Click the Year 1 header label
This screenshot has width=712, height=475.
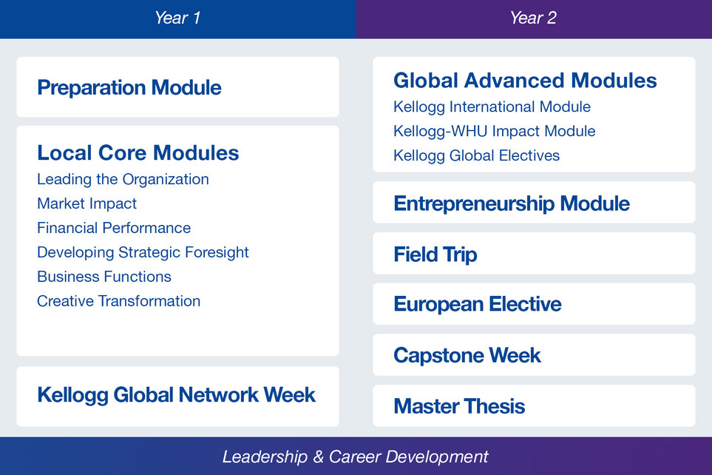[177, 18]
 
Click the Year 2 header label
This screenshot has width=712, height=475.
[533, 18]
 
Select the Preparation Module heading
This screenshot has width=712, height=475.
[129, 87]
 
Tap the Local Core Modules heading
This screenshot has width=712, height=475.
[138, 152]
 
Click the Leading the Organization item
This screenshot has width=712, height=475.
[123, 180]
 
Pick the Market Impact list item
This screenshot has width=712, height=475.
[87, 203]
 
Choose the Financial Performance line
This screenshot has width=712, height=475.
[114, 228]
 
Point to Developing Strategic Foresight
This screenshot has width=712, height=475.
[143, 252]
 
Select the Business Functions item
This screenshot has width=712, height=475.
[104, 277]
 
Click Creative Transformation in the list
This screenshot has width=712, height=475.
[119, 301]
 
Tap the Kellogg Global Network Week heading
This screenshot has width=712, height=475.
[177, 395]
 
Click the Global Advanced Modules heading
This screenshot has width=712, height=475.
[526, 81]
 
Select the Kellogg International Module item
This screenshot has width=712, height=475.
[492, 107]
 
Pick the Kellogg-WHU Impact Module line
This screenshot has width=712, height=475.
[495, 132]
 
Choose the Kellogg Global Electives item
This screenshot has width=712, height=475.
[477, 155]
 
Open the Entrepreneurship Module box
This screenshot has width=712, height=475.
[534, 203]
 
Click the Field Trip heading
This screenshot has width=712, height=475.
[435, 255]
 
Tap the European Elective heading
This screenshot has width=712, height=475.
[478, 305]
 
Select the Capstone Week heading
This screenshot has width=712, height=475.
[467, 355]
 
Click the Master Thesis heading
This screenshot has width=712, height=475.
[460, 406]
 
